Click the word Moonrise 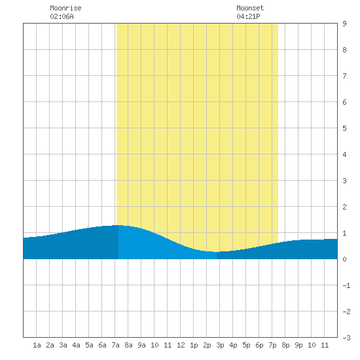65,8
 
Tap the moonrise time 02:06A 62,16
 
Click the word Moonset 250,8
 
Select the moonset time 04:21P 248,16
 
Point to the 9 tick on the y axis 344,24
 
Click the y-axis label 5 344,128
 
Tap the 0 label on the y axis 344,259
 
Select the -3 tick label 346,338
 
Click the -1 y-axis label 346,285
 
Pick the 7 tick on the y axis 344,76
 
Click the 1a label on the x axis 37,345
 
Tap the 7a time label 115,345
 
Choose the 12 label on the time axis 181,345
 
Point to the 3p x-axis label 220,345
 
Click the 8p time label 285,345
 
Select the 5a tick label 89,345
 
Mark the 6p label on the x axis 259,345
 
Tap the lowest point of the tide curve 217,252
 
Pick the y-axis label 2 344,207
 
